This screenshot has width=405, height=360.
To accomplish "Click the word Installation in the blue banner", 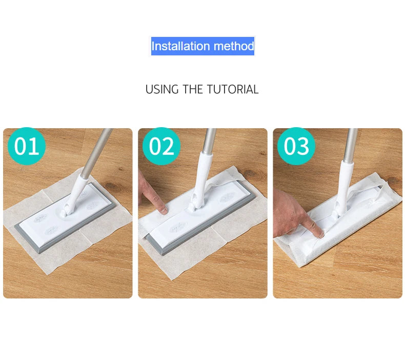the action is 180,46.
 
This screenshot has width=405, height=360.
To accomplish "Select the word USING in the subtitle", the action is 162,89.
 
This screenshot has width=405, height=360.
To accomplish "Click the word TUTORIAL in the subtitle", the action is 232,89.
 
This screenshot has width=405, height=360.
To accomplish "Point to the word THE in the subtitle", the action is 193,89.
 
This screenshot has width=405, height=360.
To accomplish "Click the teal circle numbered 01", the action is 27,146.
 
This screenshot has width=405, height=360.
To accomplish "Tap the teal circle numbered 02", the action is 161,146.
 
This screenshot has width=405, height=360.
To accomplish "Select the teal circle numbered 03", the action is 296,146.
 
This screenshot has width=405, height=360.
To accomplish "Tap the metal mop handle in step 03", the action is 351,145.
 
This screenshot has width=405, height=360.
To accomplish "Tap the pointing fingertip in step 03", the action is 320,234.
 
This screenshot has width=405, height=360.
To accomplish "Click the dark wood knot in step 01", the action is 112,186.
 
